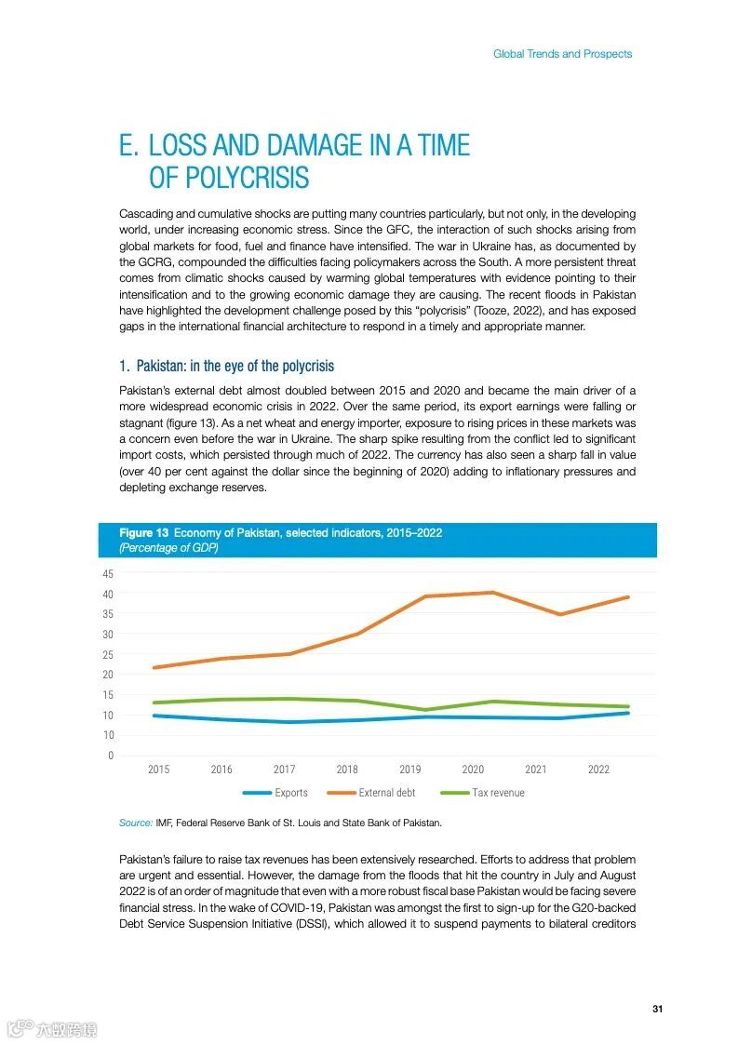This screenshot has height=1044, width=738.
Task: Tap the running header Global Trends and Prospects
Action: [x=562, y=54]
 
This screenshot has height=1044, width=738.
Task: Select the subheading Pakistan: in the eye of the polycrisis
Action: [x=226, y=366]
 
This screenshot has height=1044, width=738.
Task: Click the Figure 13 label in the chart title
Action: [x=143, y=532]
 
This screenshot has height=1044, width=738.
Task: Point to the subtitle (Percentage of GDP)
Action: [x=168, y=548]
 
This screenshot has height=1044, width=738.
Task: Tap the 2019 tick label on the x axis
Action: [x=409, y=770]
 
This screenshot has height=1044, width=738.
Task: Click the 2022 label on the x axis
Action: [x=598, y=770]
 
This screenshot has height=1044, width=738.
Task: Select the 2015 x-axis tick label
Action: [x=158, y=770]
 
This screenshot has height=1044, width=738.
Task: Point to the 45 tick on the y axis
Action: [x=108, y=573]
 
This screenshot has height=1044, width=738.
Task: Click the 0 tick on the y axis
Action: [x=111, y=756]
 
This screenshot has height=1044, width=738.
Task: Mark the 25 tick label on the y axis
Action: [x=108, y=654]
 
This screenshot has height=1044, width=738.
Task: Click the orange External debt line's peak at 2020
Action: [x=492, y=593]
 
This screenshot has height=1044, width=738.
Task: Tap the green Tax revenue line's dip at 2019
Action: [x=425, y=710]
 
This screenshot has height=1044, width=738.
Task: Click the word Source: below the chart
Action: [x=135, y=823]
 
